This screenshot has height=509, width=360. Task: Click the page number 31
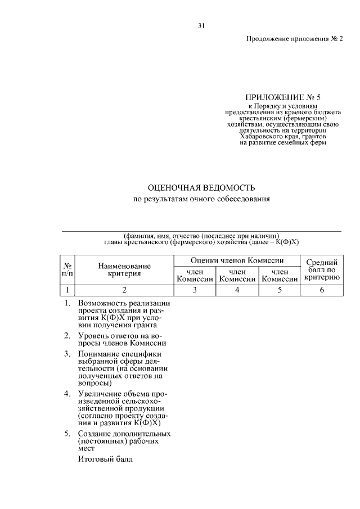pos(201,25)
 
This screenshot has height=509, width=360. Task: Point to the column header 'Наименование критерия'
pos(124,269)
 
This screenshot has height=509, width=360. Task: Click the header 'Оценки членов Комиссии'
pos(237,260)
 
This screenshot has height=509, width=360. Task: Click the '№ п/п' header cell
pos(67,269)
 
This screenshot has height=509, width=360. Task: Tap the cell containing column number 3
pos(195,290)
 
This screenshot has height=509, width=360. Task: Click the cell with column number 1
pos(67,290)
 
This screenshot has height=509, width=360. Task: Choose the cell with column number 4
pos(237,290)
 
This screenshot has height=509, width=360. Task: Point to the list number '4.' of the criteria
pos(67,393)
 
